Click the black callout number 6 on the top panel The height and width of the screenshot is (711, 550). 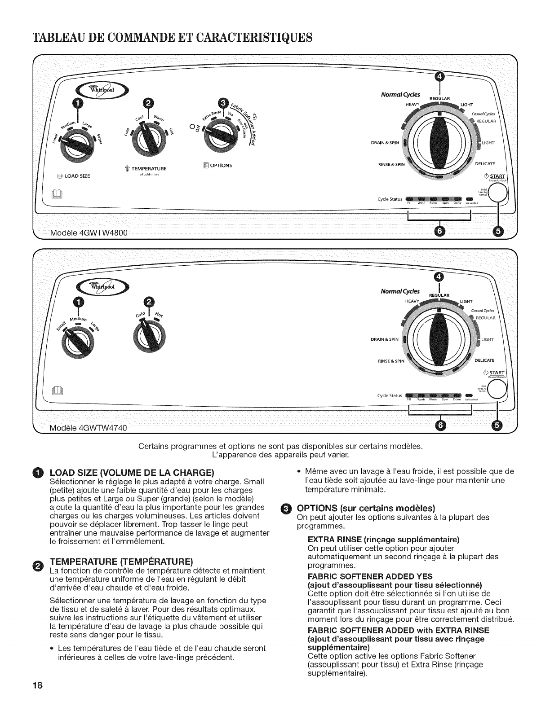click(x=439, y=231)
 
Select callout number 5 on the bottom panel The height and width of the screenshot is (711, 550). click(x=497, y=425)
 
